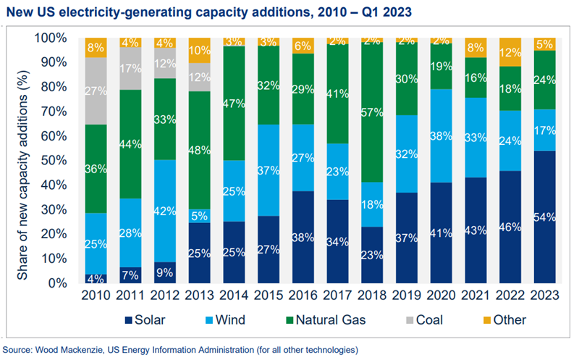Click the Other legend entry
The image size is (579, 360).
pos(502,319)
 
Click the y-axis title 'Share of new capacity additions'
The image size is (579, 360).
pos(22,160)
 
